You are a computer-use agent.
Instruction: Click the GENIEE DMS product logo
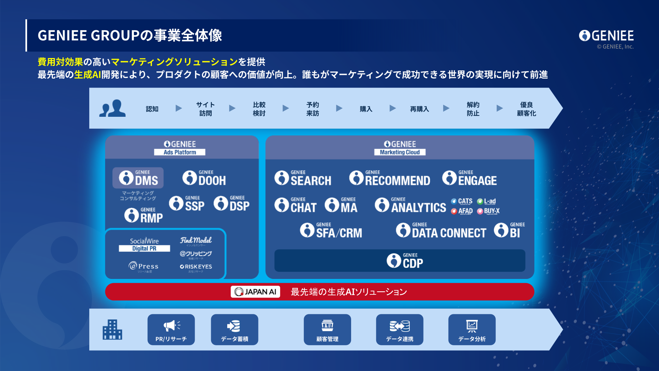point(138,178)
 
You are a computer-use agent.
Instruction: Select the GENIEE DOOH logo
point(204,178)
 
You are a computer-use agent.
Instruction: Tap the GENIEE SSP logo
point(187,203)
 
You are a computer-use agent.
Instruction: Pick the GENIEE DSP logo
point(232,203)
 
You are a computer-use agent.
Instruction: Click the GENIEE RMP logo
point(143,215)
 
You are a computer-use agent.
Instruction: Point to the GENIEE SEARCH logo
point(303,178)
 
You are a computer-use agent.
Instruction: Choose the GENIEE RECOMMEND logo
point(390,178)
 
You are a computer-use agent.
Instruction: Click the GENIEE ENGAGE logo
point(470,178)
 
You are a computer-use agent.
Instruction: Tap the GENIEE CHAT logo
point(296,205)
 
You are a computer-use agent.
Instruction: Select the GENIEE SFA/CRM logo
point(331,231)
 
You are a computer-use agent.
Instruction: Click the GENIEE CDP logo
point(405,261)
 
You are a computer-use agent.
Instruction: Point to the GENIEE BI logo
point(509,231)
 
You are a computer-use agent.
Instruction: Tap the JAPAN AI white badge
point(255,292)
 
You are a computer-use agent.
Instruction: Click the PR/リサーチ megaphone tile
point(171,329)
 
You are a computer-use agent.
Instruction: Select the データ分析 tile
point(472,329)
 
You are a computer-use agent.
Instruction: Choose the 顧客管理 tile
point(327,329)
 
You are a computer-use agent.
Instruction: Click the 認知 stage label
point(152,109)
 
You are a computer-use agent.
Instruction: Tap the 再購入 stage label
point(419,109)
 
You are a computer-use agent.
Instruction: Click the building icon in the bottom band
point(112,329)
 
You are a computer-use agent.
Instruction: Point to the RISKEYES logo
point(196,267)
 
